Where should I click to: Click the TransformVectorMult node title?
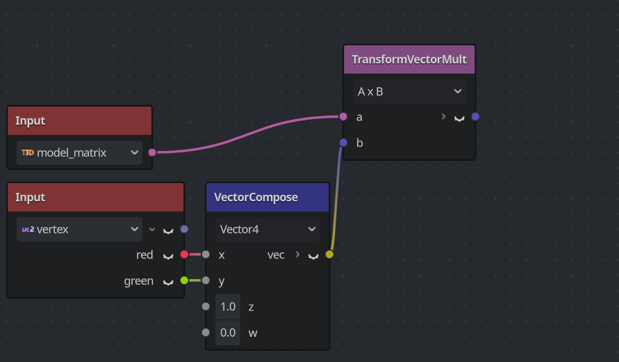408,60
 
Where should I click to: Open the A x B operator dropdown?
408,91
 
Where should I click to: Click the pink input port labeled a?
343,117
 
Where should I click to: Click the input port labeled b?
343,143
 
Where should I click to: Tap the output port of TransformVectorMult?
475,117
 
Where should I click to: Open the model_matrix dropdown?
79,152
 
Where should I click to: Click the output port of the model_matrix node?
152,152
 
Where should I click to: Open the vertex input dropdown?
79,229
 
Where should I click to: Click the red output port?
184,255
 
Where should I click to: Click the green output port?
184,281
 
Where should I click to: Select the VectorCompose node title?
256,198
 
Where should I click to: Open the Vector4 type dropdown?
267,229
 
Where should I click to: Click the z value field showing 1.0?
228,307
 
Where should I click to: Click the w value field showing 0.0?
228,333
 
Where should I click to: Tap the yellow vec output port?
329,255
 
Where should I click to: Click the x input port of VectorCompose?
206,255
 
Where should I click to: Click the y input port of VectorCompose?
206,281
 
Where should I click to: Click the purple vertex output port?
184,229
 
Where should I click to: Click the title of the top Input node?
31,121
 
